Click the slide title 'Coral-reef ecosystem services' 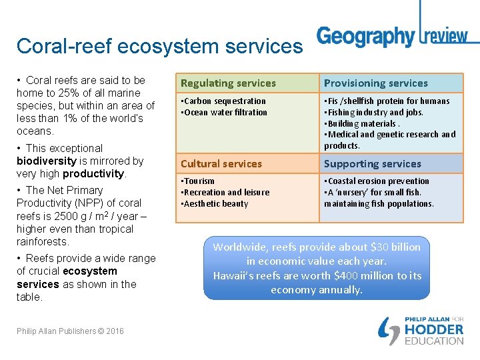(x=159, y=46)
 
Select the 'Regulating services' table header (x=228, y=83)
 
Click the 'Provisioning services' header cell (x=375, y=83)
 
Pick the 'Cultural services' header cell (x=221, y=164)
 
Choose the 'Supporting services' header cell (x=373, y=164)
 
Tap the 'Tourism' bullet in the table (x=199, y=181)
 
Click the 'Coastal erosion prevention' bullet (x=378, y=181)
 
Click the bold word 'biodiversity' (x=46, y=161)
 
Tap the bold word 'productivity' (x=93, y=174)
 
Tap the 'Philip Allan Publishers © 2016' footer (x=70, y=331)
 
